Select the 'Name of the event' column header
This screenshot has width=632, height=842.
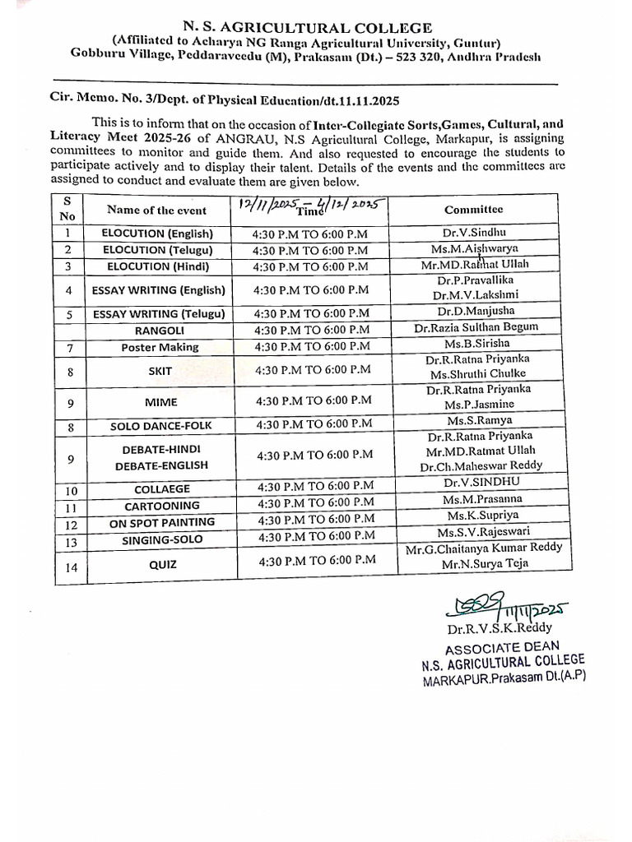click(x=156, y=210)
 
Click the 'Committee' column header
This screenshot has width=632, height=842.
click(x=473, y=210)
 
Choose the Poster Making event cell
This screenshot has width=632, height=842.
click(x=160, y=347)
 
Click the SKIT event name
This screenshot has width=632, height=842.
click(x=160, y=371)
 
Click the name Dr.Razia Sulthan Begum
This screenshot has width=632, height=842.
click(x=476, y=327)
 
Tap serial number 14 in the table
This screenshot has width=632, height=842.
click(x=71, y=566)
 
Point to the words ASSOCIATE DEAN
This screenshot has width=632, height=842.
click(x=501, y=647)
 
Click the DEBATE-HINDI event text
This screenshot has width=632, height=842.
click(x=161, y=449)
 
